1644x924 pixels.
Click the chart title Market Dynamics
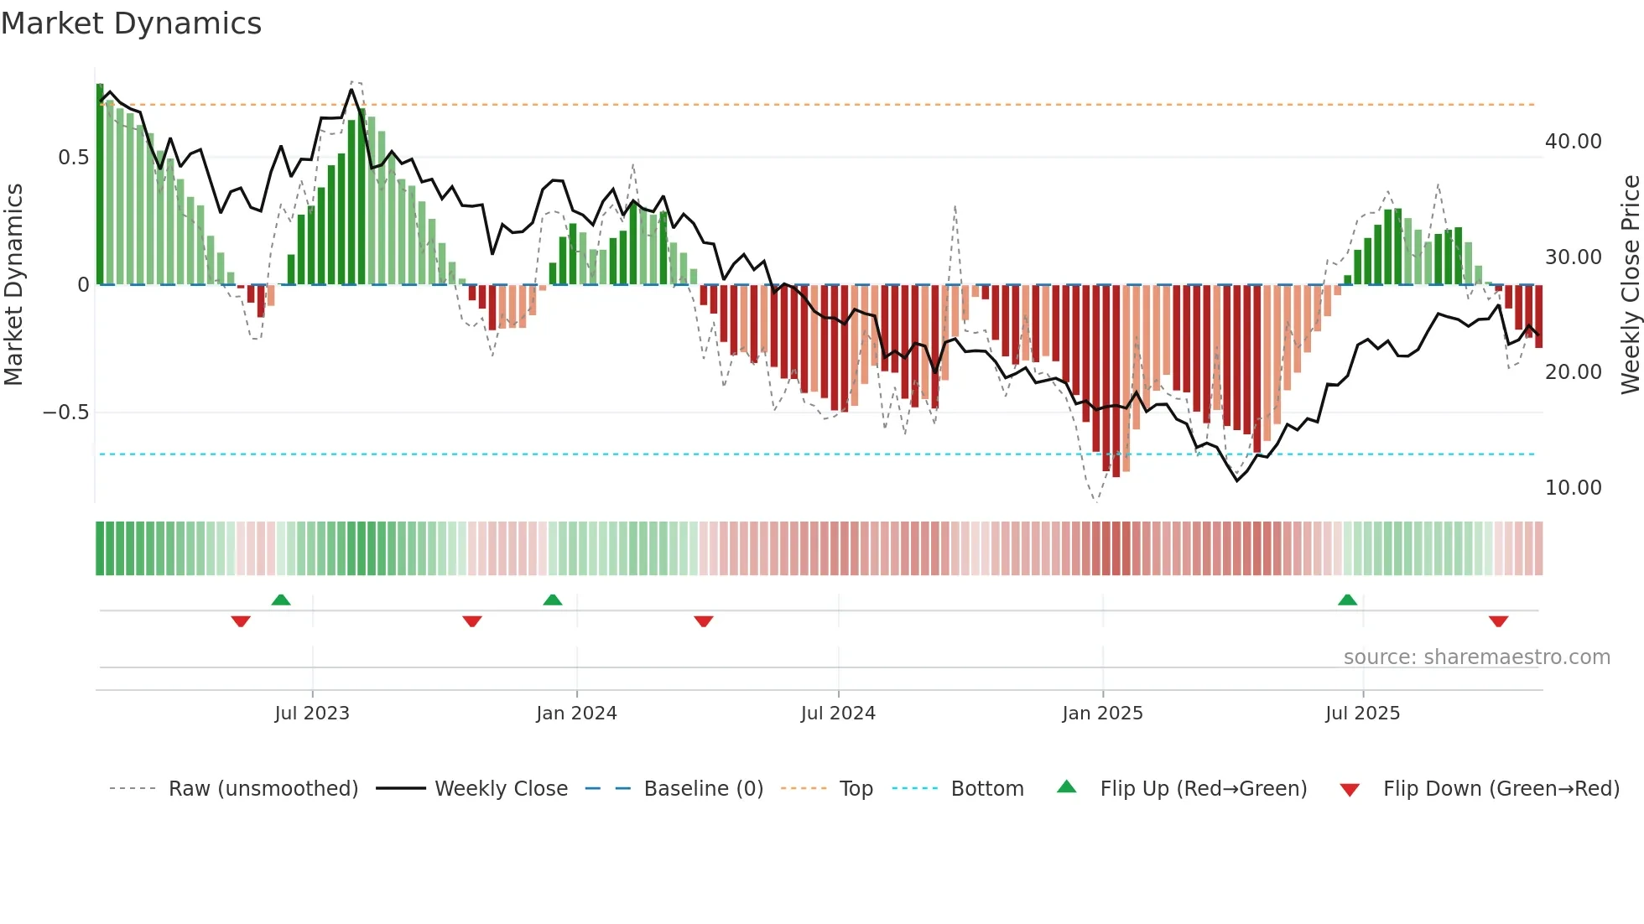coord(131,23)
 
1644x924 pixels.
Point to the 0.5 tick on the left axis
coord(73,158)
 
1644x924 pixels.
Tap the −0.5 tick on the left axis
coord(66,413)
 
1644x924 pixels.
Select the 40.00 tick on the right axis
coord(1573,142)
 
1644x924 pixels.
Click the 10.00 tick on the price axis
coord(1573,488)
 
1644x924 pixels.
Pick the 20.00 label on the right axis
coord(1573,372)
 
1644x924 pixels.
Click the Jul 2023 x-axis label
coord(311,714)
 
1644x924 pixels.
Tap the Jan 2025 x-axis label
coord(1101,714)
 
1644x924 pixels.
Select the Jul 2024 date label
coord(837,714)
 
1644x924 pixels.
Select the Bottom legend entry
coord(986,789)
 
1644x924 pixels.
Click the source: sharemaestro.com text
coord(1476,657)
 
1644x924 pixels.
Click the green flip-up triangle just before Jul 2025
coord(1347,600)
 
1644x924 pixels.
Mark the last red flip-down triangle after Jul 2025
coord(1498,621)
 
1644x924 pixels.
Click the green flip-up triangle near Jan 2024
coord(552,600)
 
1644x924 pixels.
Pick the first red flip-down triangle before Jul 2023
coord(241,621)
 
